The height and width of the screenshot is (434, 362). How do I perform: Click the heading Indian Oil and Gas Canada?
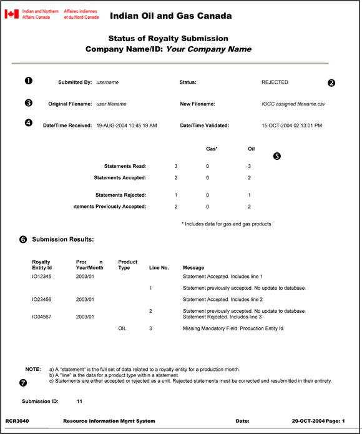(170, 16)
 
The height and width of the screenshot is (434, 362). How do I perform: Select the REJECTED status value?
(275, 82)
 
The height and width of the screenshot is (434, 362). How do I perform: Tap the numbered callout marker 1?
(28, 81)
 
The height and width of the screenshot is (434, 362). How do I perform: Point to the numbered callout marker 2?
(331, 82)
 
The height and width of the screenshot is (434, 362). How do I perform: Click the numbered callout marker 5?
(277, 155)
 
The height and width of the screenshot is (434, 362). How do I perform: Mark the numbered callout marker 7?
(23, 382)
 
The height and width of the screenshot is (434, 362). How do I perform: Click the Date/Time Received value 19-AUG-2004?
(127, 125)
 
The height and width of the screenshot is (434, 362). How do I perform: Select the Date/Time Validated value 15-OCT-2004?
(292, 125)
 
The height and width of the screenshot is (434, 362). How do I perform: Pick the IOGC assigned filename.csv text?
(293, 104)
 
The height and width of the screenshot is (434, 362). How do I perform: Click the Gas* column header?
(212, 149)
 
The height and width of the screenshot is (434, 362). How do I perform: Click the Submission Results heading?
(62, 239)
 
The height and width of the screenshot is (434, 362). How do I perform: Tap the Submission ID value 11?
(80, 401)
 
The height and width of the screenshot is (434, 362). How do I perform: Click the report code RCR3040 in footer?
(17, 422)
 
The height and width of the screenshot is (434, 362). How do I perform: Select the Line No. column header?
(159, 267)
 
